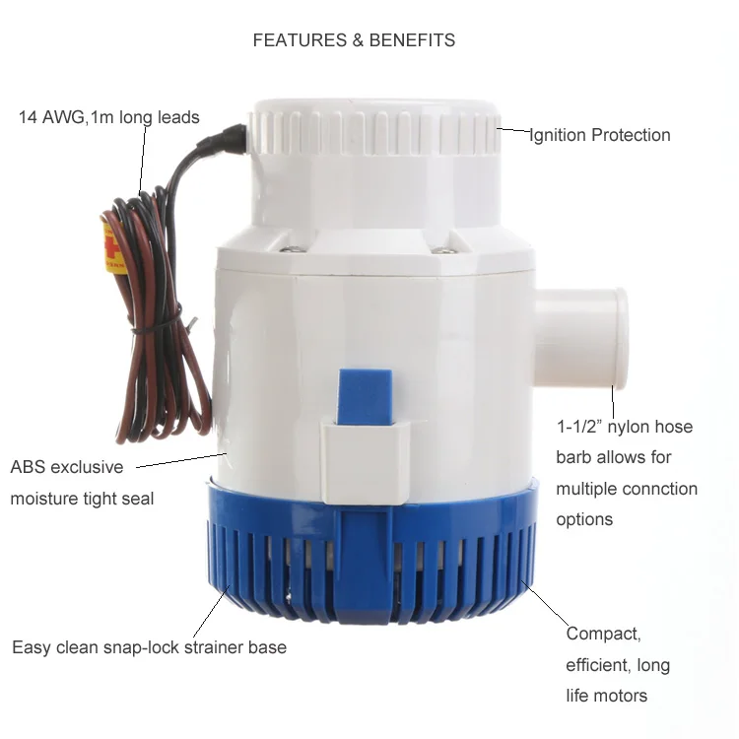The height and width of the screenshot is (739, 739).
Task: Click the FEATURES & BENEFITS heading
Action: coord(354,40)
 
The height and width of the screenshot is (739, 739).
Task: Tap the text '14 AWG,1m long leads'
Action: coord(108,117)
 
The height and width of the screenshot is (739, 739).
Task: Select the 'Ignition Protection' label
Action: coord(600,135)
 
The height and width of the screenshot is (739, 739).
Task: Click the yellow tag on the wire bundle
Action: coord(112,246)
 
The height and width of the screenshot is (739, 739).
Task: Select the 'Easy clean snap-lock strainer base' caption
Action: coord(149,647)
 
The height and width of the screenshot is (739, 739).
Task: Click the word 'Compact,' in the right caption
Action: coord(602,634)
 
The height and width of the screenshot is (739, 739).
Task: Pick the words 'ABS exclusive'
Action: coord(67,466)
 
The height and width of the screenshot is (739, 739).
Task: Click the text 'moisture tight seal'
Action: coord(82,499)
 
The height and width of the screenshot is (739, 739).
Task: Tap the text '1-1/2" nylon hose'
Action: coord(624,427)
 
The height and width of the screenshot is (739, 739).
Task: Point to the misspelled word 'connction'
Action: coord(659,489)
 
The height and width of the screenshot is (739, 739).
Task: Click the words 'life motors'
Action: coord(606,696)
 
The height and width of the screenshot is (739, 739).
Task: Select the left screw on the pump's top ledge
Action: coord(287,248)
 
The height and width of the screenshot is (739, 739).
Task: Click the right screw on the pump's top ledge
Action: coord(445,249)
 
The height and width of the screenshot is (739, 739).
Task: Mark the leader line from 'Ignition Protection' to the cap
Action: coord(513,129)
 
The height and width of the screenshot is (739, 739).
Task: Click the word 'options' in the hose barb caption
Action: coord(584,519)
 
